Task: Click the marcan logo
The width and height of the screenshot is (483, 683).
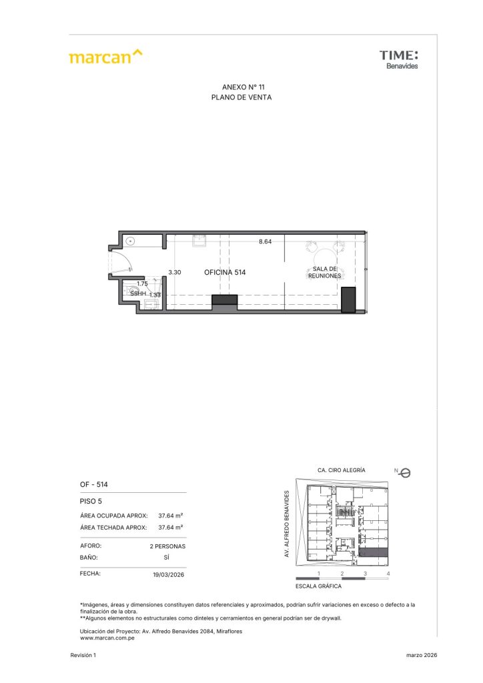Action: pyautogui.click(x=105, y=57)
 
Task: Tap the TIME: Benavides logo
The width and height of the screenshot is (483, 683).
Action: pyautogui.click(x=398, y=59)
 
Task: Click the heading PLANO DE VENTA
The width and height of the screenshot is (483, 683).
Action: pyautogui.click(x=241, y=97)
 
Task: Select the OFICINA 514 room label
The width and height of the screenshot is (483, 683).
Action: pyautogui.click(x=225, y=272)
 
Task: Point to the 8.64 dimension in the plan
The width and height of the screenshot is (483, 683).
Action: pyautogui.click(x=265, y=241)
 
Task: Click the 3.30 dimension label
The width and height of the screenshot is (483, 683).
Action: pyautogui.click(x=175, y=272)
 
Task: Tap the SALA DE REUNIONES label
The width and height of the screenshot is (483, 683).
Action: pyautogui.click(x=324, y=272)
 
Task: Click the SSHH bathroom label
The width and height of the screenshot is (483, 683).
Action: pyautogui.click(x=138, y=293)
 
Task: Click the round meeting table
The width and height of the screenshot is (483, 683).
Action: pyautogui.click(x=324, y=257)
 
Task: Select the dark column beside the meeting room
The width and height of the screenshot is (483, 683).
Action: pyautogui.click(x=348, y=299)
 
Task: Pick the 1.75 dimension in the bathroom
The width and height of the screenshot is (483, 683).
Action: pyautogui.click(x=142, y=283)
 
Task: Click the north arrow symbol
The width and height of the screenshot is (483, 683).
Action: pyautogui.click(x=404, y=473)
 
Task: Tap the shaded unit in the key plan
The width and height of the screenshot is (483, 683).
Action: pyautogui.click(x=373, y=552)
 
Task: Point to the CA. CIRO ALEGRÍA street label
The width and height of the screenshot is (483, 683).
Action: pyautogui.click(x=342, y=470)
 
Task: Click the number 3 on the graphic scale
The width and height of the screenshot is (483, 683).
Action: pyautogui.click(x=365, y=574)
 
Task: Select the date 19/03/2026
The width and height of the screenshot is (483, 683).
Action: pyautogui.click(x=169, y=574)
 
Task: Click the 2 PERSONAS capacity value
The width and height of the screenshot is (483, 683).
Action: pyautogui.click(x=167, y=546)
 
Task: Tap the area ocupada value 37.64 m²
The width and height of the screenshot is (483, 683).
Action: pyautogui.click(x=170, y=516)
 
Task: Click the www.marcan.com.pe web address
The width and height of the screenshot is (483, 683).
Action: pyautogui.click(x=107, y=638)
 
